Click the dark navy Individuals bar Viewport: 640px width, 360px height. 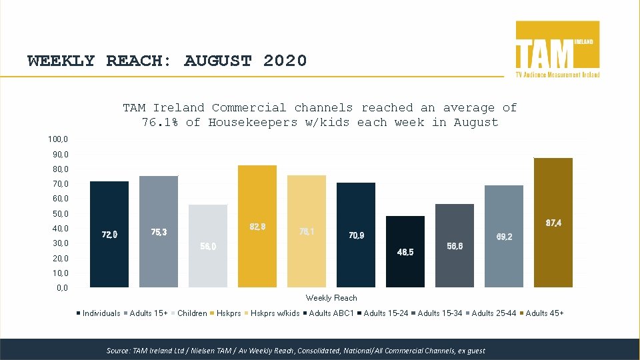(x=109, y=234)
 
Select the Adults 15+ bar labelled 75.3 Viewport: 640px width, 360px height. (x=159, y=231)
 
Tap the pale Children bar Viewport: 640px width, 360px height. (x=208, y=245)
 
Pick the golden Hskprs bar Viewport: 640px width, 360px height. (x=257, y=226)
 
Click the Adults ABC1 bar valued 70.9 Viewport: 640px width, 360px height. (x=356, y=235)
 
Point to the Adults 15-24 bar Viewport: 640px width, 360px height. (x=405, y=251)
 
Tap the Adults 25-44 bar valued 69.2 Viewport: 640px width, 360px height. (x=504, y=236)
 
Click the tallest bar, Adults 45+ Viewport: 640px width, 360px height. (x=553, y=223)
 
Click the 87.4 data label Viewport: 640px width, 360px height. (x=553, y=223)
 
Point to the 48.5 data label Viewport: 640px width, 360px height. (x=405, y=252)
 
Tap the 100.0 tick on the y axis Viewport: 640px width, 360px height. (x=57, y=139)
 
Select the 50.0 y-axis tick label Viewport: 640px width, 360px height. (x=59, y=214)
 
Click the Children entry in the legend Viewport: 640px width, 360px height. (x=192, y=313)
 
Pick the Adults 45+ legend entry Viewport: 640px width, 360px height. (x=544, y=313)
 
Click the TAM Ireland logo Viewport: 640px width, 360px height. (x=557, y=49)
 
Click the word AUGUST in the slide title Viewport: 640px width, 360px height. (x=217, y=61)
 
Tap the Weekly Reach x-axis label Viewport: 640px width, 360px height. (x=331, y=298)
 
